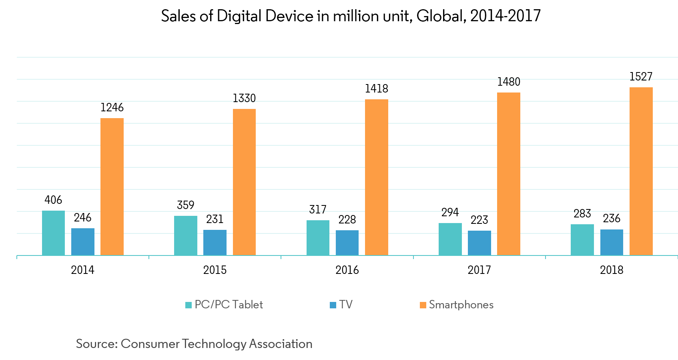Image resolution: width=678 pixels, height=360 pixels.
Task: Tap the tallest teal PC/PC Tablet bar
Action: [x=53, y=233]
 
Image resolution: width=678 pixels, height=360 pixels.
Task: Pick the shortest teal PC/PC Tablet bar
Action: [x=582, y=240]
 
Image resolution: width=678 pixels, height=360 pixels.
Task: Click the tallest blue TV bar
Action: [x=83, y=242]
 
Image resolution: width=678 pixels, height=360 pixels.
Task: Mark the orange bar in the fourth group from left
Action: [x=509, y=174]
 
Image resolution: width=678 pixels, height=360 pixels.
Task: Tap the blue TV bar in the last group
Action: [x=612, y=242]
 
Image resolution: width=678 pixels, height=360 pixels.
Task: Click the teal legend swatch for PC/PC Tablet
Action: [x=189, y=305]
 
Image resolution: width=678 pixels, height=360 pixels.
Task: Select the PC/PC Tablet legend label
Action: [x=229, y=305]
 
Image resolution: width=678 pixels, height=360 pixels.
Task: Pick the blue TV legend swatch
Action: [x=333, y=305]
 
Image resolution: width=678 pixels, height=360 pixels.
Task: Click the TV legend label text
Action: [x=346, y=305]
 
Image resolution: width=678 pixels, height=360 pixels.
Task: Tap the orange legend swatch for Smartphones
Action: [x=423, y=305]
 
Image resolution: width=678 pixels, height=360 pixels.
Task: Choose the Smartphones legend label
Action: [x=461, y=305]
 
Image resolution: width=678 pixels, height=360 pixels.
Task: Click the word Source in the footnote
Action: [x=96, y=344]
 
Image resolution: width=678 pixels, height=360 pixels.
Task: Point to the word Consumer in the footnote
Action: [x=150, y=344]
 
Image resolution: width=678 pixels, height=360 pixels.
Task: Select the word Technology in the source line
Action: [x=214, y=344]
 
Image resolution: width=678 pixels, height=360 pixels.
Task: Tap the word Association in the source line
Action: [x=281, y=344]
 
